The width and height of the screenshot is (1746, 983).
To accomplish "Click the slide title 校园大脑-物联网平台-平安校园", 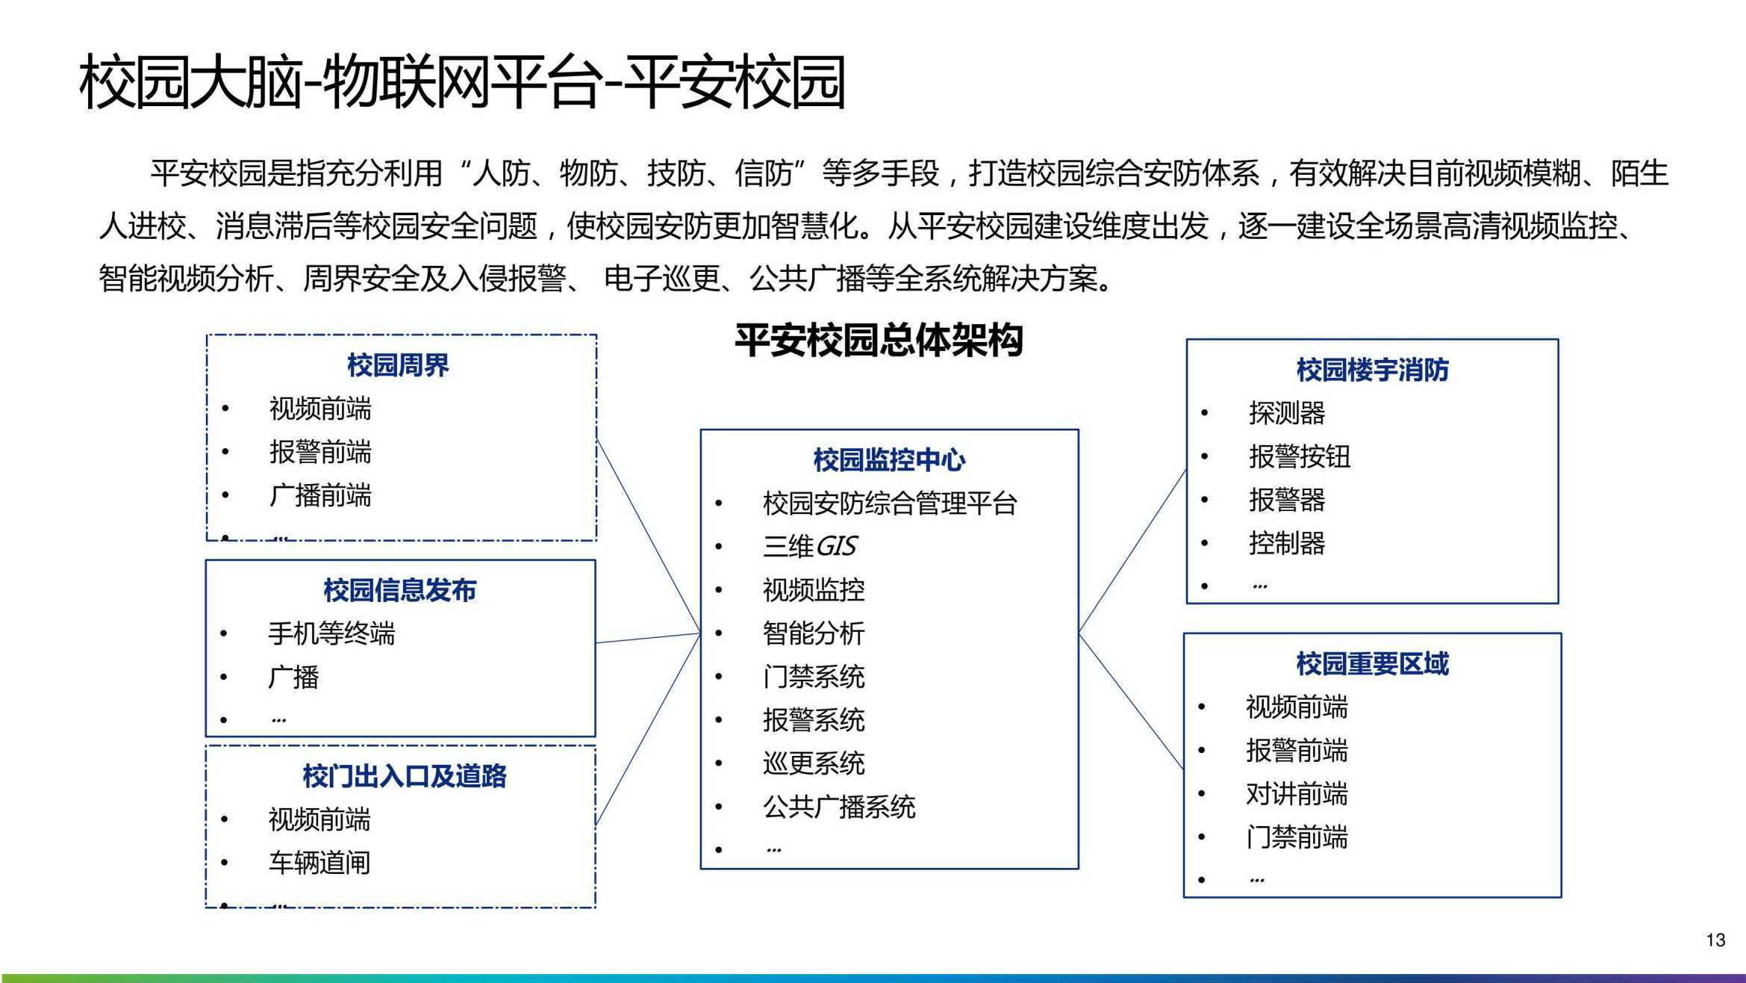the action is pyautogui.click(x=462, y=81).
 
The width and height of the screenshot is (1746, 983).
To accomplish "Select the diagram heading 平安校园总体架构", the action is pyautogui.click(x=879, y=341).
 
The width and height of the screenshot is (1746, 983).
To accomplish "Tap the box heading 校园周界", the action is pyautogui.click(x=398, y=365).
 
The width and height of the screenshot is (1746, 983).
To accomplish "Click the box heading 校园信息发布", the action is pyautogui.click(x=400, y=590).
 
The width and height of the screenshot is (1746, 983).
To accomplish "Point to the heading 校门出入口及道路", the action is pyautogui.click(x=405, y=776).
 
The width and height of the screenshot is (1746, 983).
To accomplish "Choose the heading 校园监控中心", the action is pyautogui.click(x=889, y=459).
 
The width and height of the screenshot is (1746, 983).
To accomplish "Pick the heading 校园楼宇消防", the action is pyautogui.click(x=1372, y=370).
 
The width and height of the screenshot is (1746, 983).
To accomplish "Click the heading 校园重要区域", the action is pyautogui.click(x=1372, y=663).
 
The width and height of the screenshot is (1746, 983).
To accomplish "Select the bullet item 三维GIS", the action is pyautogui.click(x=810, y=546).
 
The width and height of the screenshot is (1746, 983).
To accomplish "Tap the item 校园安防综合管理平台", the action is pyautogui.click(x=890, y=503).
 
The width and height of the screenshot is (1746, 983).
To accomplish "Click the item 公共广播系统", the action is pyautogui.click(x=839, y=807).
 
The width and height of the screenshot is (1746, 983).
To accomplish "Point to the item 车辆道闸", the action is pyautogui.click(x=319, y=863).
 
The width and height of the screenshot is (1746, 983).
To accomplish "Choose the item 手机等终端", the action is pyautogui.click(x=331, y=633).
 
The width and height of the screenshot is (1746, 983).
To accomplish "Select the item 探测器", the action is pyautogui.click(x=1287, y=413).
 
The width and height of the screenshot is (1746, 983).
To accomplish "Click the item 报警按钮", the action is pyautogui.click(x=1300, y=456).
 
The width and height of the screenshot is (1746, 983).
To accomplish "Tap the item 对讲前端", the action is pyautogui.click(x=1297, y=794).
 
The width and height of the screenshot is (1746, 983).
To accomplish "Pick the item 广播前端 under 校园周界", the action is pyautogui.click(x=320, y=495).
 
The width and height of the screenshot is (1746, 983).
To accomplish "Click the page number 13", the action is pyautogui.click(x=1715, y=940).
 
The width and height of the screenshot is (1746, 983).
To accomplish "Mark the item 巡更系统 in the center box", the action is pyautogui.click(x=814, y=763).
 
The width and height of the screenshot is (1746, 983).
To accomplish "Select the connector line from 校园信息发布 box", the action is pyautogui.click(x=648, y=638).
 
